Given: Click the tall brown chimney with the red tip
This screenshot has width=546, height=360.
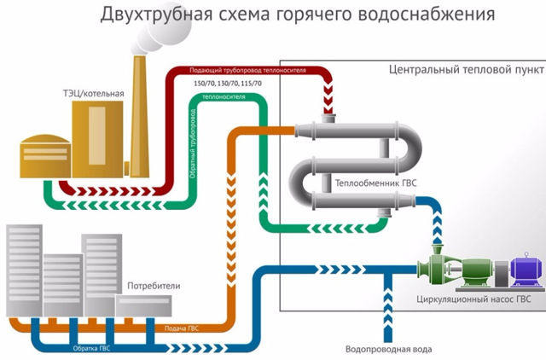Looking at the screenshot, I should coord(137,111).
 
